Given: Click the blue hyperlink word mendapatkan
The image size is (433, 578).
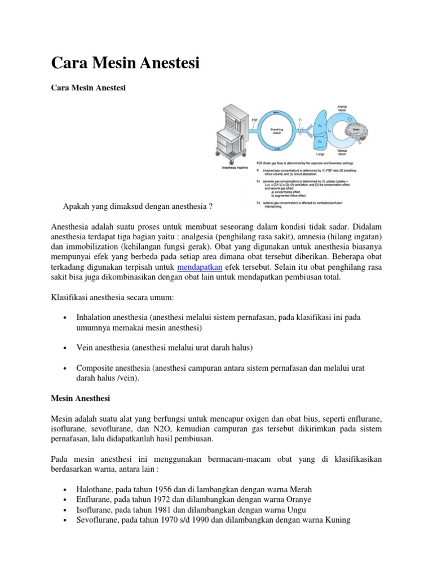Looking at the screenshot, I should tap(200, 266).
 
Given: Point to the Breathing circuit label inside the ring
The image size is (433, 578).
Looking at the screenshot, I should tap(277, 131).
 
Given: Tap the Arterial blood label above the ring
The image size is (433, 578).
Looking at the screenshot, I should tap(341, 108).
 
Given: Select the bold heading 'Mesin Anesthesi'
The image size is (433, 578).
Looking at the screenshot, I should tap(80, 398).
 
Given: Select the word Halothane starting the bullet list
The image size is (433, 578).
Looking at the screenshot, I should tap(95, 489).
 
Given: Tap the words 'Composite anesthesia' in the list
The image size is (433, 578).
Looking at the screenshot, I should tap(113, 368).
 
